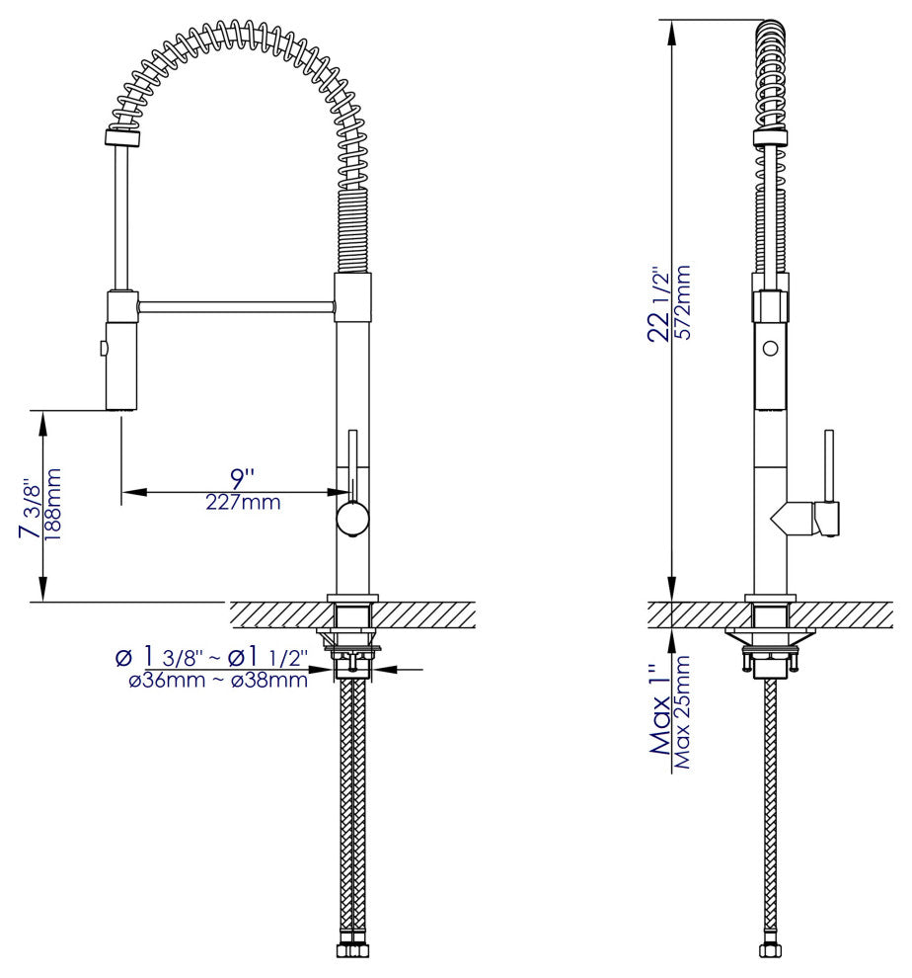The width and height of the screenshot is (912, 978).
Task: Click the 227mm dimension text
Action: click(243, 503)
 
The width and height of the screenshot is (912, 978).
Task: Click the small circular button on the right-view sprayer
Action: click(771, 348)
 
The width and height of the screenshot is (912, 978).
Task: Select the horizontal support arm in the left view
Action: click(237, 308)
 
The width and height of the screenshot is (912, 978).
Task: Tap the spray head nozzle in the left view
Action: click(120, 400)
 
